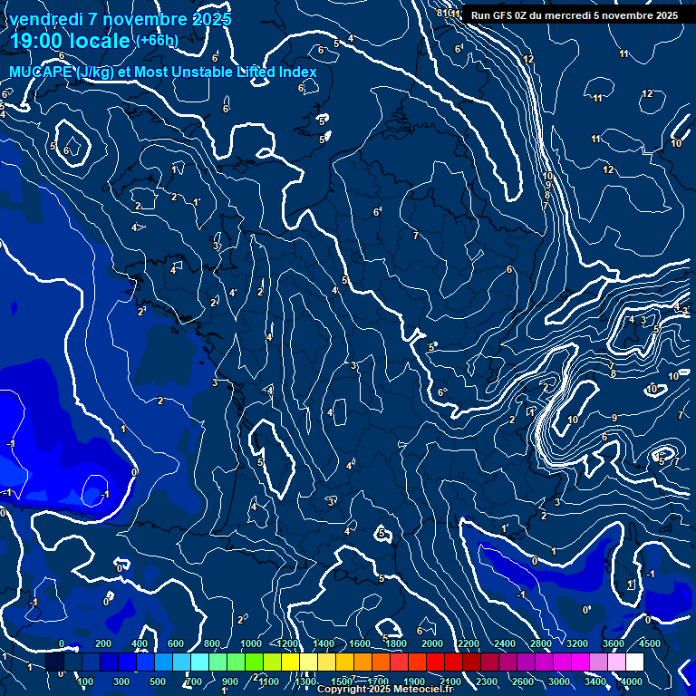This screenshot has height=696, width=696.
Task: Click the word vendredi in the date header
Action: point(43,19)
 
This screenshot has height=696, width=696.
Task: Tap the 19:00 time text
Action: point(37,41)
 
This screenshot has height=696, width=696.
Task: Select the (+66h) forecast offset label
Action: point(157,40)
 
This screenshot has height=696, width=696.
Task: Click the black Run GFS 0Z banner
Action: point(575,14)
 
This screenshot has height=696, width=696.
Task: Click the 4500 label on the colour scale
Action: point(650,643)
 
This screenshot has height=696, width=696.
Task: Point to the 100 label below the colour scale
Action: point(85,681)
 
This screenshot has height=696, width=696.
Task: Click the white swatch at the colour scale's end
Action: point(634,662)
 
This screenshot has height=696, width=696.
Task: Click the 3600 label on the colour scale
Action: point(613,643)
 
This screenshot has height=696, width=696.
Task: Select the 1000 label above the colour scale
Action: point(251,643)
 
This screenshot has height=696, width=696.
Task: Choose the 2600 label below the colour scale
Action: point(523,681)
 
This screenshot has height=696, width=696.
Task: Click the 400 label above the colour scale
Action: point(140,643)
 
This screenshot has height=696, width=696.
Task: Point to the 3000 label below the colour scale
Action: point(559,681)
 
